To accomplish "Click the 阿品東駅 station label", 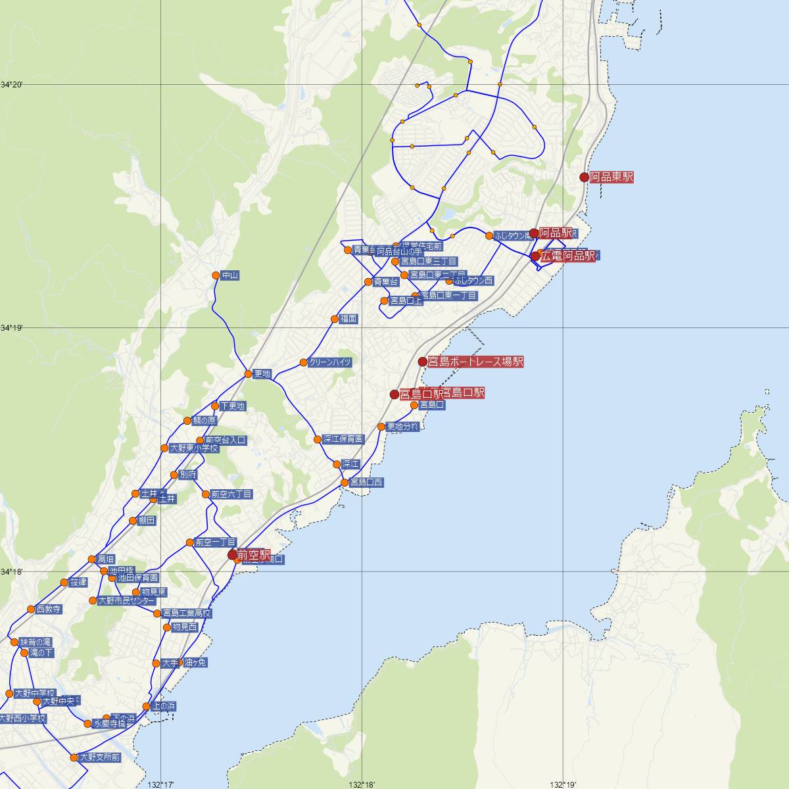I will pos(611,177).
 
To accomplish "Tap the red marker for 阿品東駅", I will pos(584,177).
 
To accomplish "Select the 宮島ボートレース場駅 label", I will pos(476,362).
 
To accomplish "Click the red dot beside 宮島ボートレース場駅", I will pos(423,362).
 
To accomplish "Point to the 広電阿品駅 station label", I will pos(568,256).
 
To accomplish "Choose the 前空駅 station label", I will pos(254,555).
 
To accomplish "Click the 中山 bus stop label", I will pos(230,276).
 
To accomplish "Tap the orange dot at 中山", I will pos(216,275).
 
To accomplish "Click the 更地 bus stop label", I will pos(262,374).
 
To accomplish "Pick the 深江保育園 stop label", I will pos(343,439).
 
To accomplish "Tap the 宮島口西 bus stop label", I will pos(366,483).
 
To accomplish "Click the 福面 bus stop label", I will pos(348,319).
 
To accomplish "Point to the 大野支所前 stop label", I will pos(100,757).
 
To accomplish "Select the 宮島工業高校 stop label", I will pos(187,613).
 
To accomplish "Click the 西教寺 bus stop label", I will pos(49,610).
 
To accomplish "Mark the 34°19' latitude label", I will pos(11,327).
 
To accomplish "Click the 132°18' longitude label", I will pos(362,784).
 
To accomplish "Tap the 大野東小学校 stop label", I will pos(194,448).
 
